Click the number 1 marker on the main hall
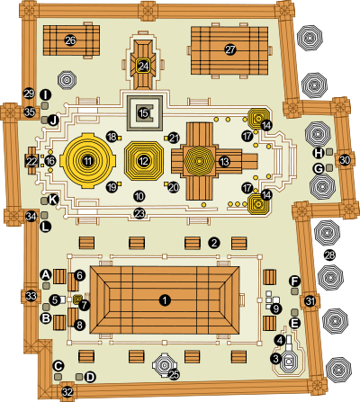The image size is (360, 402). pyautogui.click(x=165, y=300)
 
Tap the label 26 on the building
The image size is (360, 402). pyautogui.click(x=70, y=40)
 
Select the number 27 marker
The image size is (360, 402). pyautogui.click(x=230, y=49)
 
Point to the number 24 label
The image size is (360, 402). pyautogui.click(x=143, y=66)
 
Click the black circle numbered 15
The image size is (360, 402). pyautogui.click(x=143, y=113)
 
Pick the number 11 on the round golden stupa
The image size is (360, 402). pyautogui.click(x=87, y=161)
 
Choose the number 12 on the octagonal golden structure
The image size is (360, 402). pyautogui.click(x=143, y=161)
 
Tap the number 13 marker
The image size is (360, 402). pyautogui.click(x=224, y=162)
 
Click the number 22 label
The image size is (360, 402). pyautogui.click(x=31, y=162)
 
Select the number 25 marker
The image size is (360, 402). pyautogui.click(x=175, y=374)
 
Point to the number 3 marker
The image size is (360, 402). pyautogui.click(x=275, y=358)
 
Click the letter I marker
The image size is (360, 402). pyautogui.click(x=45, y=95)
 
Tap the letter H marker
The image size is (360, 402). pyautogui.click(x=319, y=153)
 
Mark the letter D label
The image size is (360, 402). pyautogui.click(x=90, y=377)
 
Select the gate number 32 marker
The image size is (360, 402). pyautogui.click(x=67, y=392)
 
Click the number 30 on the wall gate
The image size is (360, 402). pyautogui.click(x=345, y=160)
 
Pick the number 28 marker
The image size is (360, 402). pyautogui.click(x=329, y=255)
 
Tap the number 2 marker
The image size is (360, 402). pyautogui.click(x=214, y=243)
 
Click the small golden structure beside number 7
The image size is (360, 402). pyautogui.click(x=77, y=299)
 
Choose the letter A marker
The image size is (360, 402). pyautogui.click(x=46, y=274)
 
